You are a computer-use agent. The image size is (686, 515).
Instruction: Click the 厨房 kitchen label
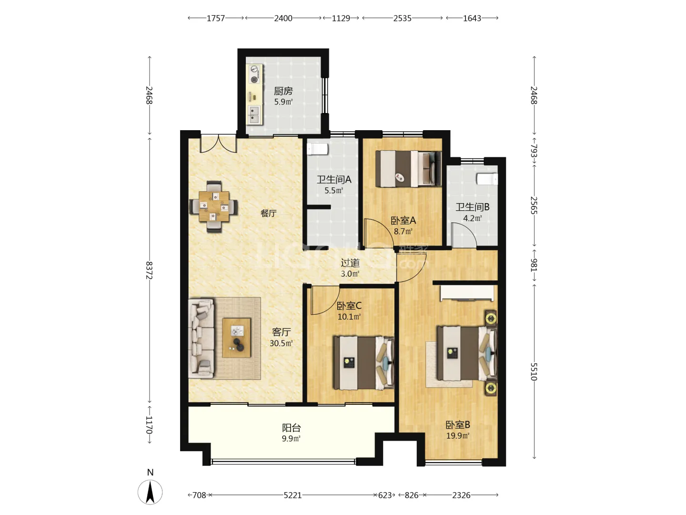(283, 91)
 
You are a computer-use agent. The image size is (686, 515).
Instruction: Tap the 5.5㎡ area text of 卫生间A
(334, 190)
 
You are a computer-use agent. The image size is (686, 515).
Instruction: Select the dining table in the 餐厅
(214, 206)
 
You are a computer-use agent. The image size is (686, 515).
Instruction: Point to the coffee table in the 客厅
(237, 338)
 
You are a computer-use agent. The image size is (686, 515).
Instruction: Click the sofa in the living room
(201, 339)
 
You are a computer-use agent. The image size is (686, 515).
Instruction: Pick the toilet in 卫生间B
(486, 179)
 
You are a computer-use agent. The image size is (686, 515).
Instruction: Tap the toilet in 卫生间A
(317, 149)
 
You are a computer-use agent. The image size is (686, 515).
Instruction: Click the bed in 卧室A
(408, 169)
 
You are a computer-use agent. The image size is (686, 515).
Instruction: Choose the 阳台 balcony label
(291, 427)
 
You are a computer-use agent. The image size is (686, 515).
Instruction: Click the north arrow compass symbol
(151, 492)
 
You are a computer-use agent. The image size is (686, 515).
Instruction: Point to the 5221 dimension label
(293, 495)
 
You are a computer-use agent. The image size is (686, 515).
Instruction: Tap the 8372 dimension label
(150, 270)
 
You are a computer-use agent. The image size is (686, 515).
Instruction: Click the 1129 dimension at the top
(341, 18)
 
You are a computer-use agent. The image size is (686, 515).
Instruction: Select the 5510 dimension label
(534, 371)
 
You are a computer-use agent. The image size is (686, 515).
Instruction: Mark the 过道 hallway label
(350, 263)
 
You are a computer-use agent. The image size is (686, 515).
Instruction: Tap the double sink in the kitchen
(254, 114)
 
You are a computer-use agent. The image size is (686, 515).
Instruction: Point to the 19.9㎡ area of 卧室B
(457, 435)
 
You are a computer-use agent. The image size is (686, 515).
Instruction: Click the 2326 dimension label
(461, 495)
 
